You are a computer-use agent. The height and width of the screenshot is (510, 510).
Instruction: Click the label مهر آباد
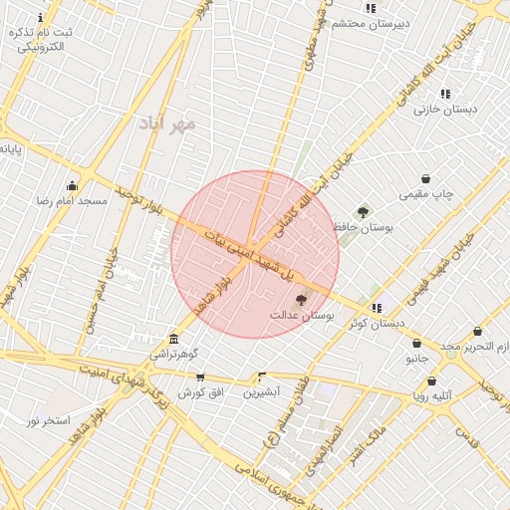click(x=169, y=124)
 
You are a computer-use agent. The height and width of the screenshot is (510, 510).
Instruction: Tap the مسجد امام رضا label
click(x=72, y=200)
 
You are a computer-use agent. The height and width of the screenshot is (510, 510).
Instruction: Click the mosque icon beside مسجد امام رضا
click(x=72, y=185)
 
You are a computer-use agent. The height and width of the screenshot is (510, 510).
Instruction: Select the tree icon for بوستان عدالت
click(x=302, y=299)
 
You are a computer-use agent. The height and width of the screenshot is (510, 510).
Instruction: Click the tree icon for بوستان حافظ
click(x=363, y=211)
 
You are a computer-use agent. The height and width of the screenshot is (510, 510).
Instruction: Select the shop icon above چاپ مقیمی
click(x=426, y=178)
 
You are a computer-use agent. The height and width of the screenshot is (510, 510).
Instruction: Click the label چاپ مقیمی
click(x=426, y=193)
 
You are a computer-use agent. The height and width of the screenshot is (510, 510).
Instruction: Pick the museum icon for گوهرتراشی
click(x=174, y=339)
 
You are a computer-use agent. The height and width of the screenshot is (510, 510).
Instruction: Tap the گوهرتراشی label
click(x=174, y=354)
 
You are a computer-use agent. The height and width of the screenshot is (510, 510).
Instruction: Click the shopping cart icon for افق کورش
click(x=200, y=378)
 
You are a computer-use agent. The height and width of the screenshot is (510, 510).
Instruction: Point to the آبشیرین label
click(x=262, y=391)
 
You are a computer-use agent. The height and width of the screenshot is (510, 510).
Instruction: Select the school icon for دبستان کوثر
click(x=377, y=308)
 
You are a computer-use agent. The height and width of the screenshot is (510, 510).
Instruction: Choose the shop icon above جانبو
click(x=416, y=343)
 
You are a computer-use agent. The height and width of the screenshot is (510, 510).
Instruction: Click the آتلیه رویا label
click(x=431, y=395)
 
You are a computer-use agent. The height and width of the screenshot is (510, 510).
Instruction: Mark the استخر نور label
click(x=48, y=420)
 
